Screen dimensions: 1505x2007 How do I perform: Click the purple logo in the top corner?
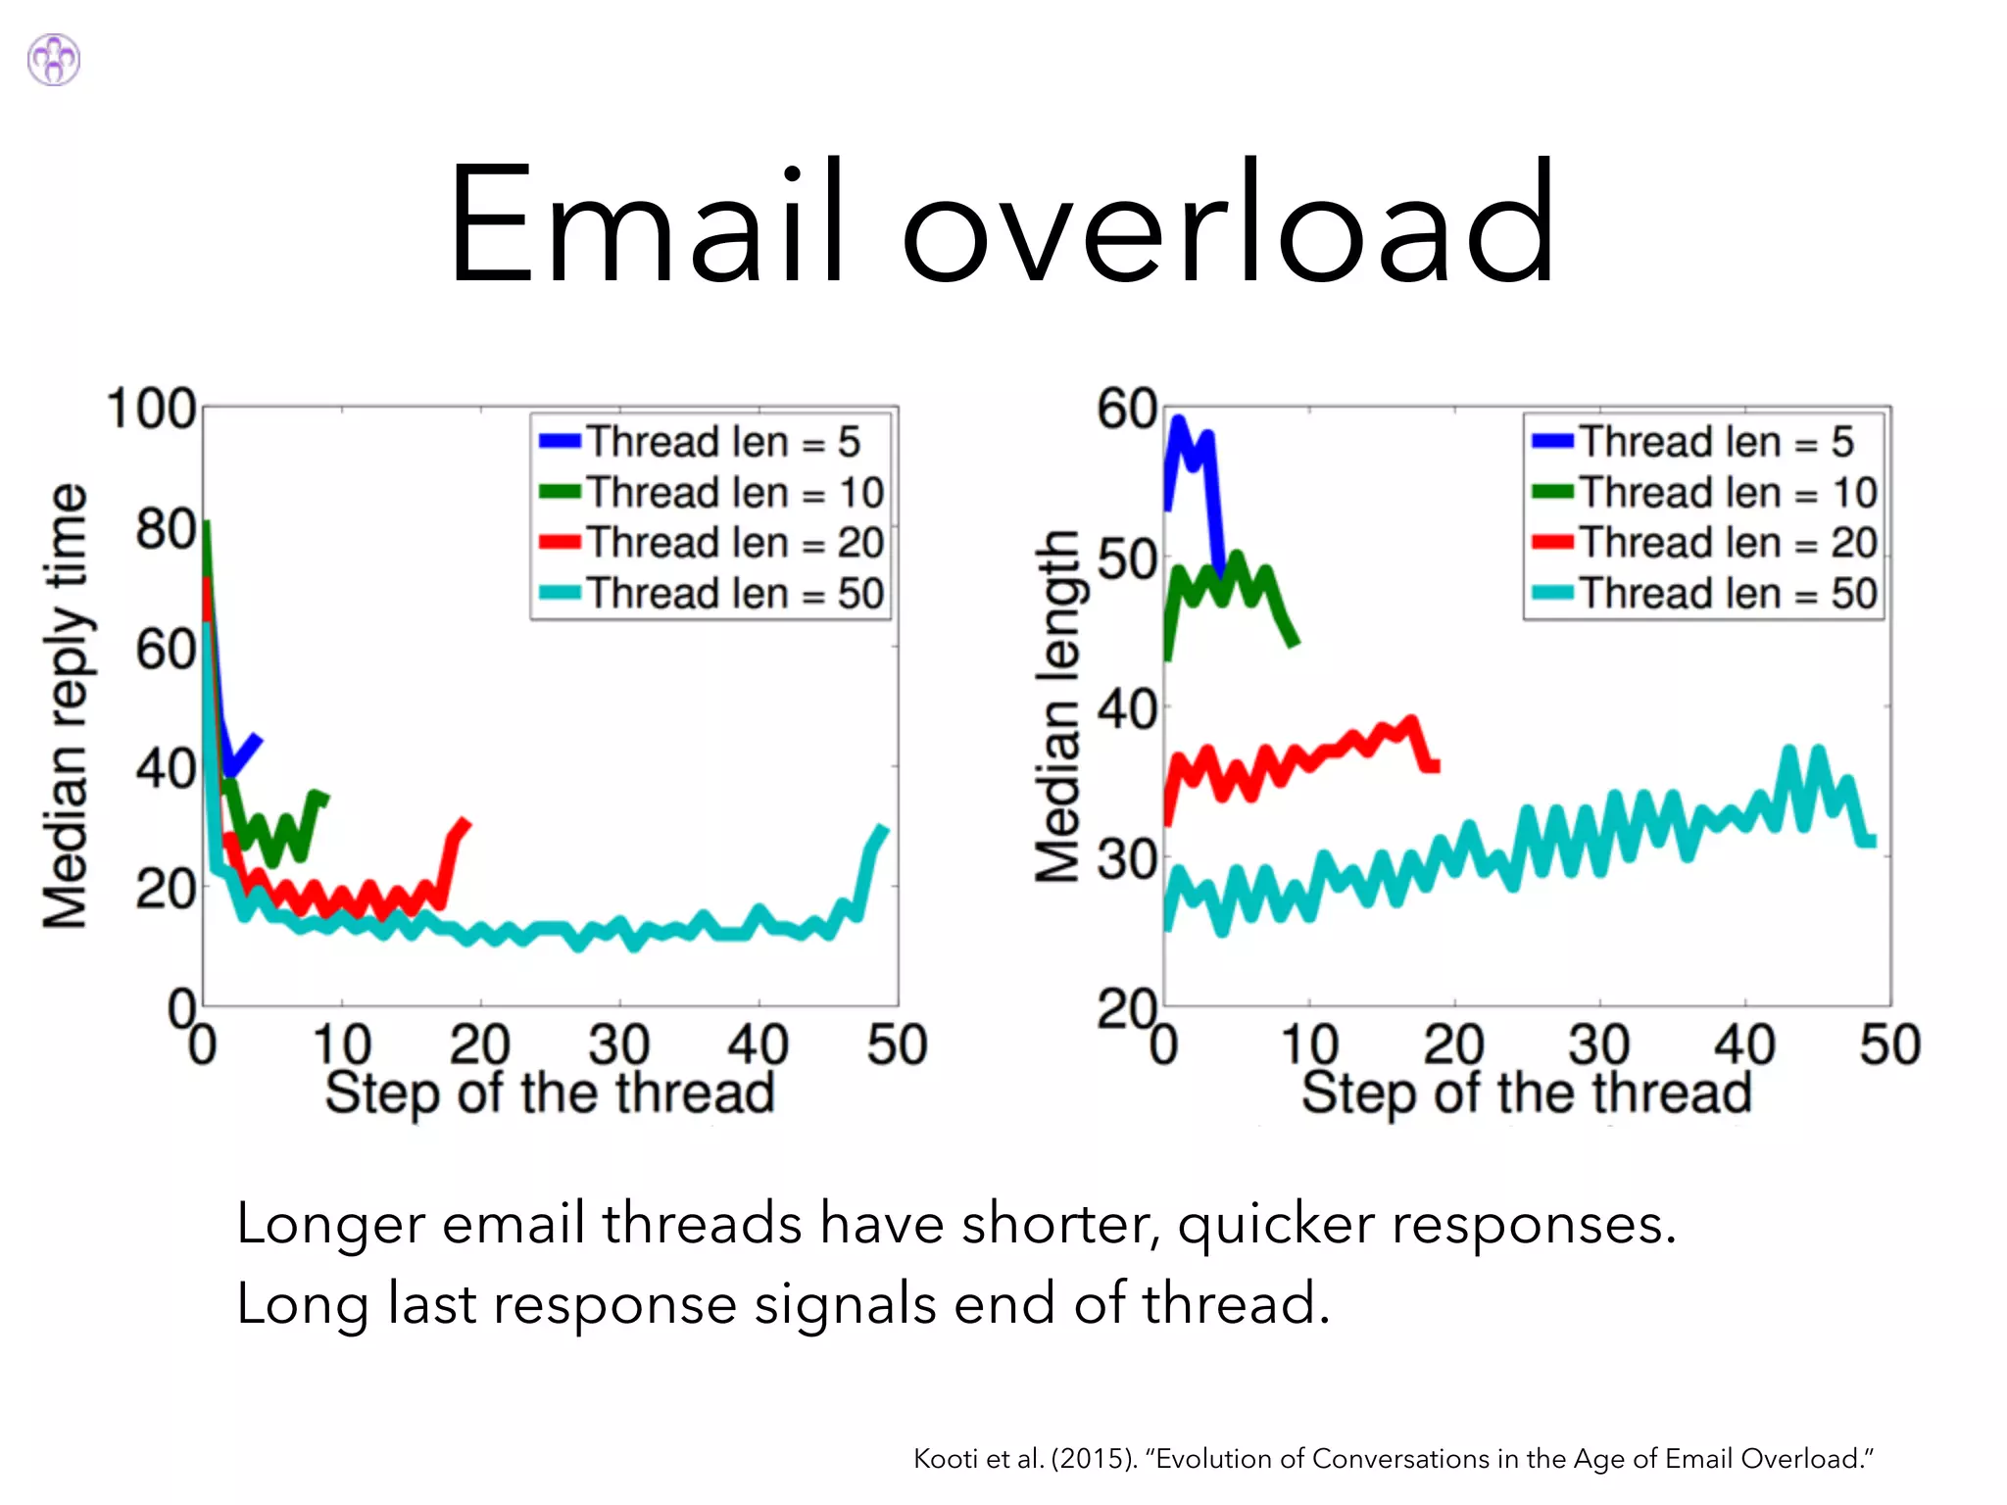click(54, 60)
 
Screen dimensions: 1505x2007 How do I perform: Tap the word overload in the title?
click(1227, 223)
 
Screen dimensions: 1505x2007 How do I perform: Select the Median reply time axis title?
click(66, 705)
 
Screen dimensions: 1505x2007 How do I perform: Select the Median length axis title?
click(1058, 705)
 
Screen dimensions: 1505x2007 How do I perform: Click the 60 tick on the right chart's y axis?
click(1127, 410)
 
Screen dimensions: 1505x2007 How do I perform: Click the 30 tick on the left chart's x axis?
click(618, 1044)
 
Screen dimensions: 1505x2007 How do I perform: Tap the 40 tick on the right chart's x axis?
click(1744, 1044)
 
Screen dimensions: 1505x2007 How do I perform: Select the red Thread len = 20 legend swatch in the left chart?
click(560, 543)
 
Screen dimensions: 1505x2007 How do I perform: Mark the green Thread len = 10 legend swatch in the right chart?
click(1552, 492)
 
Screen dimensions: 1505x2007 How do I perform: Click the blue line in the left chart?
click(243, 752)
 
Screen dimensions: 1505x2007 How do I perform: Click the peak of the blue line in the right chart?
click(1178, 422)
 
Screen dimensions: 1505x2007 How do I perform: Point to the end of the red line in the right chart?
click(1435, 765)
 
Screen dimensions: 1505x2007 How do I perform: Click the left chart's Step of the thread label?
click(549, 1092)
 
